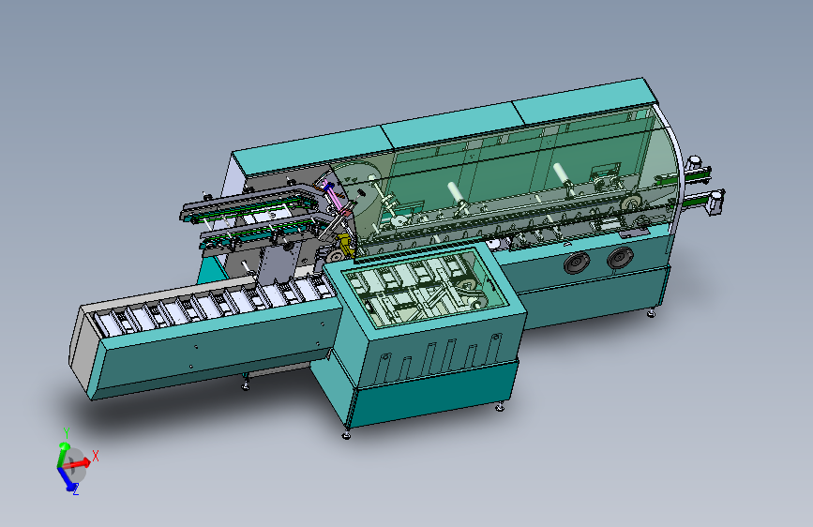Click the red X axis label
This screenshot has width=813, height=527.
pyautogui.click(x=96, y=456)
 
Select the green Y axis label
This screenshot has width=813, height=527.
pyautogui.click(x=67, y=432)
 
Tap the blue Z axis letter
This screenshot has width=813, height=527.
pyautogui.click(x=76, y=489)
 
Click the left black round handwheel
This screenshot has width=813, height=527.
pyautogui.click(x=577, y=263)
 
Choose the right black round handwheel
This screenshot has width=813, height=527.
pyautogui.click(x=620, y=257)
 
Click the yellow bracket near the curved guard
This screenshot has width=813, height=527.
pyautogui.click(x=344, y=245)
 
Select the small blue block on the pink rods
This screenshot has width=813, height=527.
pyautogui.click(x=326, y=184)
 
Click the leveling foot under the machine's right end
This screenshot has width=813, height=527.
pyautogui.click(x=651, y=313)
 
